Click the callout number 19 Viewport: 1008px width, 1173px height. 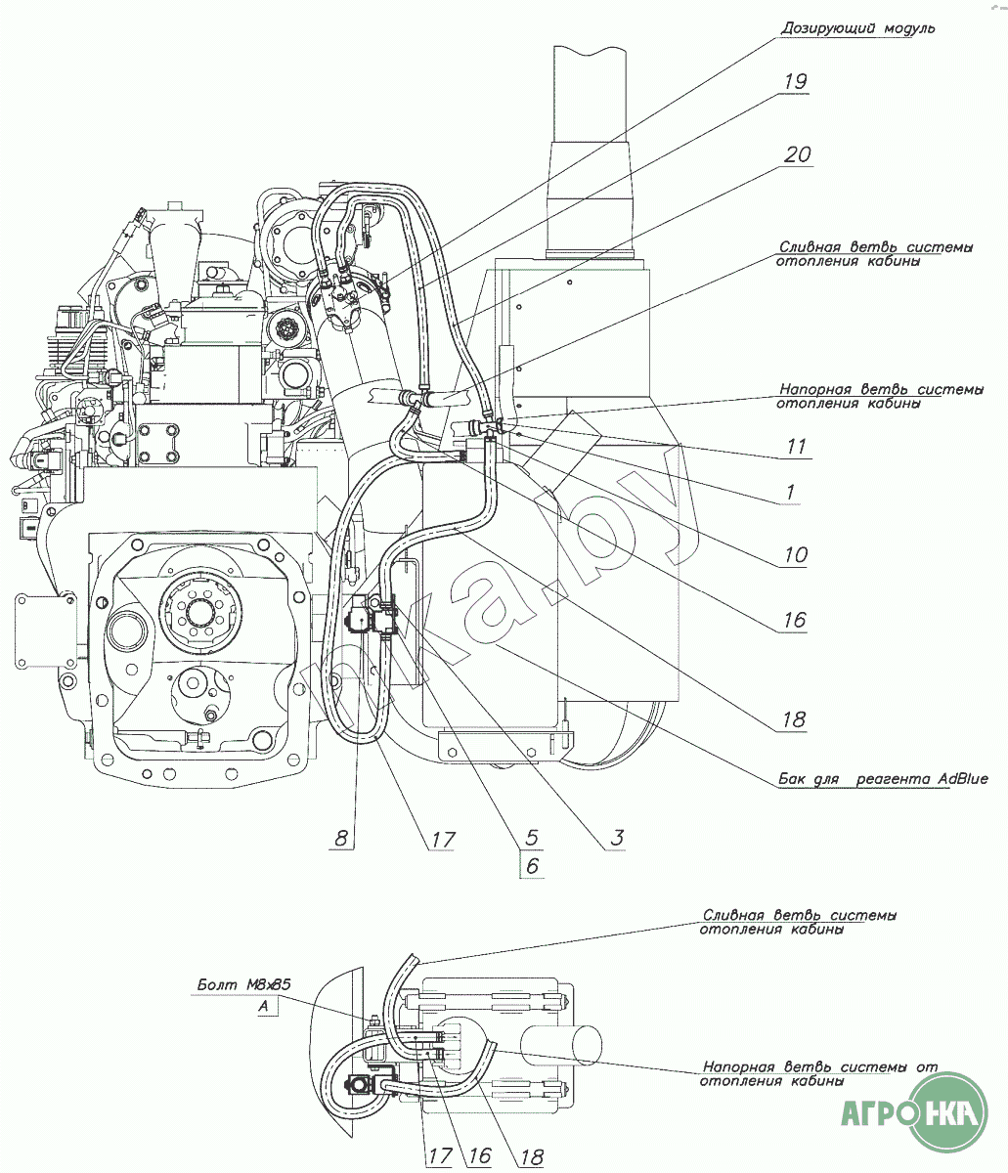pos(795,81)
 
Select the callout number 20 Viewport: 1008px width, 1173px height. pos(798,155)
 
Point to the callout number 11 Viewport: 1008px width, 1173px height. pos(797,447)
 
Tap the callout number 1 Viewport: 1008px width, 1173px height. pos(790,493)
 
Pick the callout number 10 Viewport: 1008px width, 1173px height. pos(795,555)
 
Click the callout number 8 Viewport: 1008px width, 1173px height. pos(340,838)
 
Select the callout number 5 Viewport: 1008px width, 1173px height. pos(532,838)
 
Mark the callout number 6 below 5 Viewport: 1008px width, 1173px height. pos(532,866)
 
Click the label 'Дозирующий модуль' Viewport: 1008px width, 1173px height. pos(857,28)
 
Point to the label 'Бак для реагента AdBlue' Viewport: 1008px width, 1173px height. pos(883,779)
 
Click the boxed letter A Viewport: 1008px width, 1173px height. pos(263,1006)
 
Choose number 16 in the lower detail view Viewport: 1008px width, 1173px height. pos(479,1155)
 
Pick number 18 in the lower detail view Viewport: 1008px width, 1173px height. pos(531,1155)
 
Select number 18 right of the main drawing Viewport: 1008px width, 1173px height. pos(793,720)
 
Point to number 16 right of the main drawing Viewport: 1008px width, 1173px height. pos(793,620)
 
